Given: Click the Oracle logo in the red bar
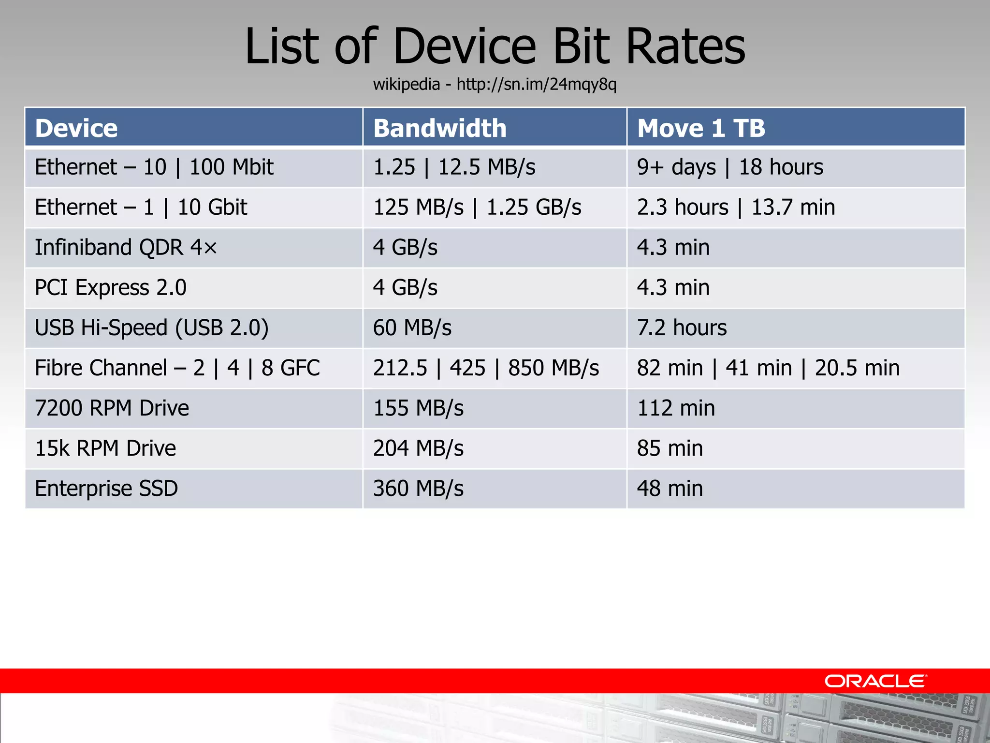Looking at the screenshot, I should [875, 681].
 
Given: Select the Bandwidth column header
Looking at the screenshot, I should [440, 128].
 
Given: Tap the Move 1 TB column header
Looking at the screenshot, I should [701, 128].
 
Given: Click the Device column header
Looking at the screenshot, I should [76, 128].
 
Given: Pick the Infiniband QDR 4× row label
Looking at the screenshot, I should [126, 247].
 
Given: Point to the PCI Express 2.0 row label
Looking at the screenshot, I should [111, 287].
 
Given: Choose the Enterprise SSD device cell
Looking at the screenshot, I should [106, 488].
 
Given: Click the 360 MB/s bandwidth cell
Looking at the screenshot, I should [418, 488].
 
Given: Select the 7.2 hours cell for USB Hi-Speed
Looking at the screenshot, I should [682, 327].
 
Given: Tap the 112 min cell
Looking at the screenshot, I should [676, 408].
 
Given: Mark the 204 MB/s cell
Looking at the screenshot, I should [418, 448].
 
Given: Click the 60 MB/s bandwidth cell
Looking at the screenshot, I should [412, 327].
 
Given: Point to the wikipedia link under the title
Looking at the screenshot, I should [495, 85].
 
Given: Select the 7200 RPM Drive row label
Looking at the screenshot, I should [112, 408].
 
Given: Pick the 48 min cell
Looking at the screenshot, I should [670, 488].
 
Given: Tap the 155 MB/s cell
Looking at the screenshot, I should [418, 408].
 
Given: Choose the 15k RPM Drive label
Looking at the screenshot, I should [105, 448].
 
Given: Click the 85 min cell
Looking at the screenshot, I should [670, 448].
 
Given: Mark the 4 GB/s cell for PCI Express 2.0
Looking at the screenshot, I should [405, 287].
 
